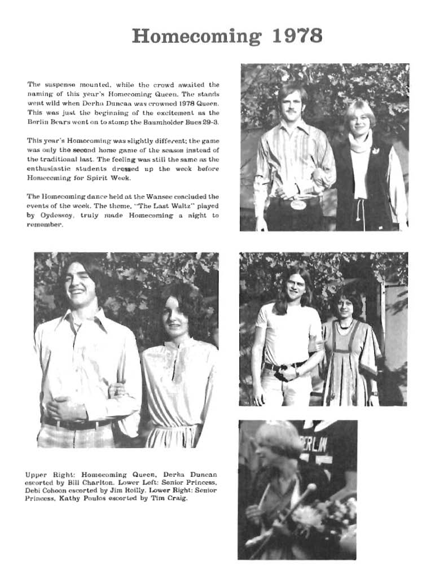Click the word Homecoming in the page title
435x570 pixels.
tap(198, 36)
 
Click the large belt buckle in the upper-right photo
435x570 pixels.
tap(298, 204)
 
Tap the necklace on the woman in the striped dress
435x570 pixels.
tap(344, 324)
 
